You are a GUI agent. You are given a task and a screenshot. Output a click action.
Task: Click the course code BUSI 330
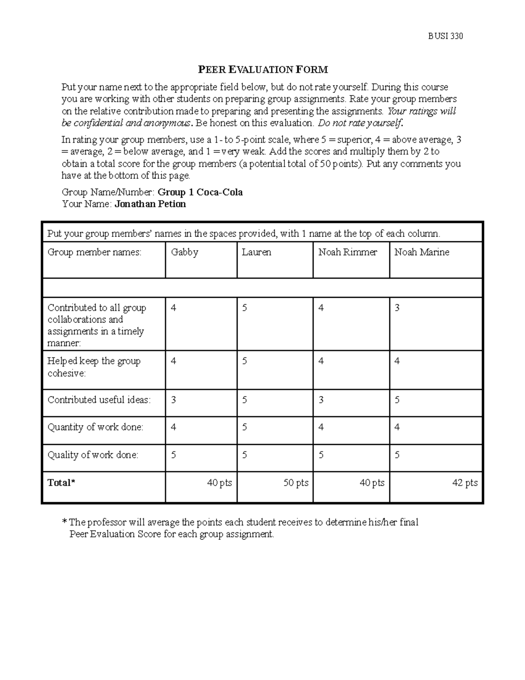click(x=445, y=36)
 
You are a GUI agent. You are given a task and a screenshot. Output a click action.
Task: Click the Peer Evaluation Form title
click(x=262, y=70)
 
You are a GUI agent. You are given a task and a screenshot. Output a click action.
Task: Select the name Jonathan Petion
click(x=150, y=204)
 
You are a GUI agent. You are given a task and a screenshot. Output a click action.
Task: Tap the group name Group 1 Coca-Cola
click(x=200, y=192)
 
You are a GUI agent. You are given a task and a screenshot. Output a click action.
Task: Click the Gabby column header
click(x=185, y=252)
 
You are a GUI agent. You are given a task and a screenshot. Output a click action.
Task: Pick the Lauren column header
click(x=256, y=252)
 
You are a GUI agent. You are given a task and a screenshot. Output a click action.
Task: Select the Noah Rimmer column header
click(x=347, y=252)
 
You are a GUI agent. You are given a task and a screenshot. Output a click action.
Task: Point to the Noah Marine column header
click(x=422, y=252)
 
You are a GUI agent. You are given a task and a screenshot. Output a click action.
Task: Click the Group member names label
click(x=94, y=252)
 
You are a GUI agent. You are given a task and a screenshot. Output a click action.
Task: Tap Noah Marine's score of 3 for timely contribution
click(x=397, y=308)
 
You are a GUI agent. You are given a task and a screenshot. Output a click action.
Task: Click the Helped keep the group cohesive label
click(x=94, y=367)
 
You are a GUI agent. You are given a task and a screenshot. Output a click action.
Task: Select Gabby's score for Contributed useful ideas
click(x=174, y=400)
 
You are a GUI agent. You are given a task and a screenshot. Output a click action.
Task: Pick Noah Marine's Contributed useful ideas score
click(x=397, y=400)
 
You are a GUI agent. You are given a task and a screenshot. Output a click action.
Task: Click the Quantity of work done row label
click(x=95, y=427)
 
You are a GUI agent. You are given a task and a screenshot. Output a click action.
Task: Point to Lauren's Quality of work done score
click(x=245, y=455)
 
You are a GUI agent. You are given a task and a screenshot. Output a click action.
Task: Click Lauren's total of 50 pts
click(x=296, y=483)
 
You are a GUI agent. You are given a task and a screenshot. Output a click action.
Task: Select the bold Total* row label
click(x=61, y=483)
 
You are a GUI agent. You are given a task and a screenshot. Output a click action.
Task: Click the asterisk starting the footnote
click(x=65, y=522)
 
